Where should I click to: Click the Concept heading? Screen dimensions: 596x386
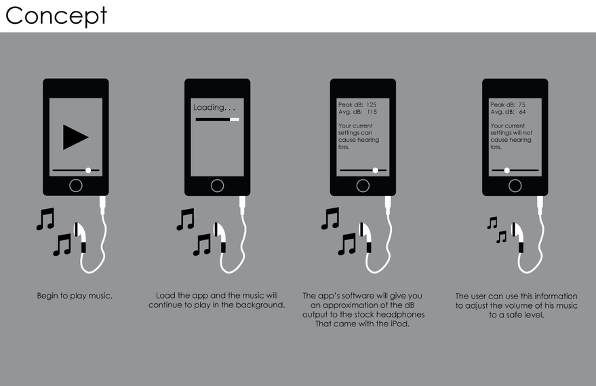tap(56, 16)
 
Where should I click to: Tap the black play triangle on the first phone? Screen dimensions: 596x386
tap(75, 137)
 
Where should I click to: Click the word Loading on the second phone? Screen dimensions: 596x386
tap(210, 108)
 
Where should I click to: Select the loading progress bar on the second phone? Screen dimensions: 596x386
tap(218, 119)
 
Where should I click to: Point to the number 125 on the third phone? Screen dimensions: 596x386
tap(372, 104)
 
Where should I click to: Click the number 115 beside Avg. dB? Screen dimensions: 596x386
tap(372, 112)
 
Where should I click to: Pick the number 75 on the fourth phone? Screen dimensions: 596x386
tap(522, 104)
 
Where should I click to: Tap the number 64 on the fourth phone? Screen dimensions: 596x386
tap(522, 112)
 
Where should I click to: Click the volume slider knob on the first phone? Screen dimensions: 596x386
tap(88, 170)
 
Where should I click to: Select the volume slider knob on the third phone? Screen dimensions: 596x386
tap(375, 170)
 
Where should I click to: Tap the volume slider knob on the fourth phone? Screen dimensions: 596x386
tap(506, 170)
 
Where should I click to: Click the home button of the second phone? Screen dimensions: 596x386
tap(218, 186)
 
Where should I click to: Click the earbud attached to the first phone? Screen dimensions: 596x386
tap(80, 237)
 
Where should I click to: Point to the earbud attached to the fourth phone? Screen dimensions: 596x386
tap(517, 237)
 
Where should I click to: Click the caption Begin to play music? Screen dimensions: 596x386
tap(75, 296)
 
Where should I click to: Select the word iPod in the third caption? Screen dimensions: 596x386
tap(399, 324)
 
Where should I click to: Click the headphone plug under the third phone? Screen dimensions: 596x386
tap(388, 206)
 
